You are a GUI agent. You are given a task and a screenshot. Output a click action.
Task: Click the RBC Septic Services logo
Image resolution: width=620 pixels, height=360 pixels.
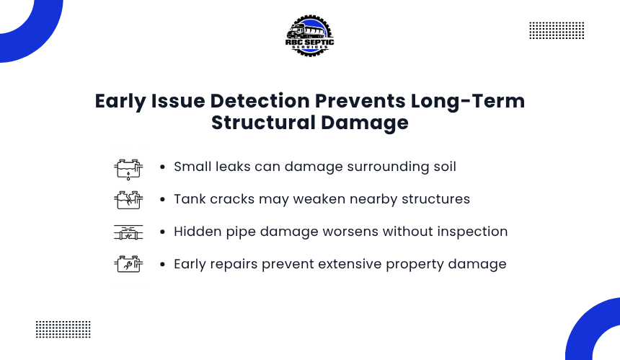click(x=309, y=36)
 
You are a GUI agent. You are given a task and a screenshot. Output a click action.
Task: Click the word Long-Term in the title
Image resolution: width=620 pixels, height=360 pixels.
click(x=468, y=101)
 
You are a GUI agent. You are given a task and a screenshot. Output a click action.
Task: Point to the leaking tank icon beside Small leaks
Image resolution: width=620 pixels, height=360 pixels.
click(x=128, y=170)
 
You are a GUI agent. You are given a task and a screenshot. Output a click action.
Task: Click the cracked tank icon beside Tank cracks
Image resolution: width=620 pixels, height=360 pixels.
click(x=128, y=200)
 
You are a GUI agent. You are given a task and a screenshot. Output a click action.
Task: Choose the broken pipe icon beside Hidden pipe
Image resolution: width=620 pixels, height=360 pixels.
click(x=128, y=232)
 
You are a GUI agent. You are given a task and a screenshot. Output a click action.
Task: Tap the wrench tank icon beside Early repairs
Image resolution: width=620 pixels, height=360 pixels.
click(x=128, y=264)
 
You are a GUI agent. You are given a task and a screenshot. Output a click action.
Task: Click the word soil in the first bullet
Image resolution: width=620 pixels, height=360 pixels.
click(x=445, y=167)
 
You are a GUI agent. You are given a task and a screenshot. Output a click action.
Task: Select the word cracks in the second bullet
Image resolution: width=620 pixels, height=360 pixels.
click(x=232, y=199)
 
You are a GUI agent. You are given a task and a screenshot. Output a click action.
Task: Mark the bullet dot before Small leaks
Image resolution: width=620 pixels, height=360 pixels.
click(x=162, y=167)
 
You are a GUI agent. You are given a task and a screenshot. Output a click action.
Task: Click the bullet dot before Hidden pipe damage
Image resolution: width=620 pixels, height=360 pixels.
click(x=162, y=232)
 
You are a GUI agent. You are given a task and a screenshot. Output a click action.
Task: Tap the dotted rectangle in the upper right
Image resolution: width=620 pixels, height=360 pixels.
click(x=557, y=30)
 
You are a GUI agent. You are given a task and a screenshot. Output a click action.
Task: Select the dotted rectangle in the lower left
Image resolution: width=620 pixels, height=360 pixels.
click(x=63, y=329)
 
